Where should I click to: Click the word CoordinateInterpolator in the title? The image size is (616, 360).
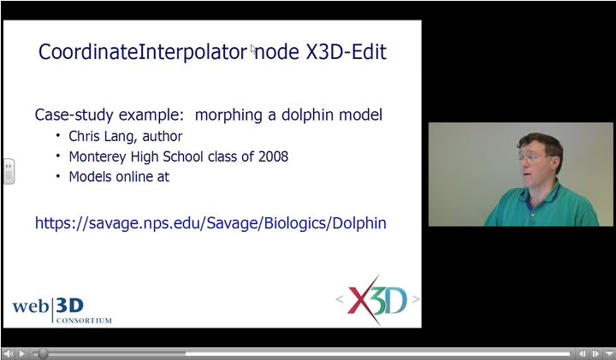(142, 52)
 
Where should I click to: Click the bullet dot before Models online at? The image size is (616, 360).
(58, 176)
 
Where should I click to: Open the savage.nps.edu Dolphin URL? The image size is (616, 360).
(210, 223)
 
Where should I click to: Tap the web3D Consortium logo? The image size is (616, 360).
(62, 309)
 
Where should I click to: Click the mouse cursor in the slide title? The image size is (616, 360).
(253, 50)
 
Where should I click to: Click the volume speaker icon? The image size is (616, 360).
(9, 353)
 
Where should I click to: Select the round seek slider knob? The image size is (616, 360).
(43, 353)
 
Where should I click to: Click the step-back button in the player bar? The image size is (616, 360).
(583, 353)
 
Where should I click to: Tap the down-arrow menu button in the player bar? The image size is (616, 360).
(608, 353)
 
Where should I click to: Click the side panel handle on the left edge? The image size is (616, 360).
(9, 170)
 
